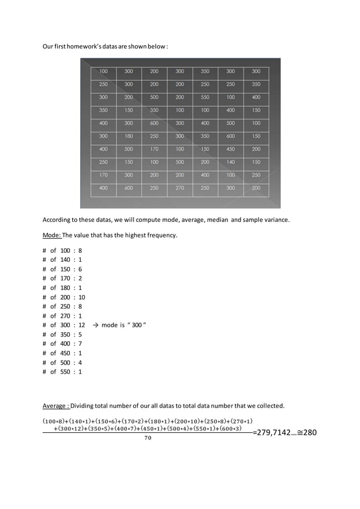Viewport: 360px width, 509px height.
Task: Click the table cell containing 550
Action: (x=205, y=97)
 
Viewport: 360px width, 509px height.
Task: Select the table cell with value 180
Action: (x=129, y=136)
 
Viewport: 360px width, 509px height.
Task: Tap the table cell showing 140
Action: (x=230, y=162)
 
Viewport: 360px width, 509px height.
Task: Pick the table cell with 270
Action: (x=179, y=188)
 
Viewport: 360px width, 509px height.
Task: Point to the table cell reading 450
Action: (x=230, y=149)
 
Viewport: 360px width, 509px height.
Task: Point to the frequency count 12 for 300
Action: (x=81, y=325)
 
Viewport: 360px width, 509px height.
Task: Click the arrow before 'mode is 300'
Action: (x=96, y=325)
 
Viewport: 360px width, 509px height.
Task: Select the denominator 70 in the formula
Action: (x=148, y=438)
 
